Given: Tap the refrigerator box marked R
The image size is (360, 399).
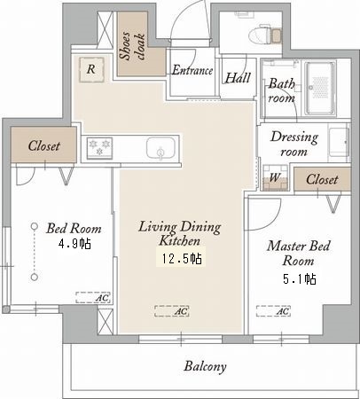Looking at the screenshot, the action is pos(91,70).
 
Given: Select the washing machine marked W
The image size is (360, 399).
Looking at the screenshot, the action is pos(275,177).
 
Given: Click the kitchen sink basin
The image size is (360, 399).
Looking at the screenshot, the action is pos(160,147).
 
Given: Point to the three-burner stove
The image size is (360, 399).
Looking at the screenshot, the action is pos(99,147).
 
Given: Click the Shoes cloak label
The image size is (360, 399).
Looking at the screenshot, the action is pos(132,45).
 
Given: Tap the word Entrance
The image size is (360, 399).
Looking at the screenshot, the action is pos(192,70).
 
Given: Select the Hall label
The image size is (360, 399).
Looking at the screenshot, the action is pos(238,78).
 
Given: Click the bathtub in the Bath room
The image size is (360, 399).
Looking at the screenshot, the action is pos(321,88).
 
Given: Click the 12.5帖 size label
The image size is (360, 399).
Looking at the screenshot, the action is pos(182,259).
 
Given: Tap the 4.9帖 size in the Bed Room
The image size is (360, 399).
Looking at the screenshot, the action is pos(74,244).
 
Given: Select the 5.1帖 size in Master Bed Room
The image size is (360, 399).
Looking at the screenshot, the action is pos(300,278).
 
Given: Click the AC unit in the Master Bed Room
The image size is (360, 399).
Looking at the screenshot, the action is pos(273,311).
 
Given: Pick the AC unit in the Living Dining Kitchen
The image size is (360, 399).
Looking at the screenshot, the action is pos(172,311).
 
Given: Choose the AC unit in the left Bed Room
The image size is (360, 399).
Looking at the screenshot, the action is pos(93,297).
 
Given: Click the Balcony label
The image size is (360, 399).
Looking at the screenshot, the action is pos(206,366).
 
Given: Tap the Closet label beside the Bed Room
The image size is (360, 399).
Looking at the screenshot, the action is pos(44,145).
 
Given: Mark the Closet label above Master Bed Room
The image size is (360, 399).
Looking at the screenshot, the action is pos(322,179).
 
